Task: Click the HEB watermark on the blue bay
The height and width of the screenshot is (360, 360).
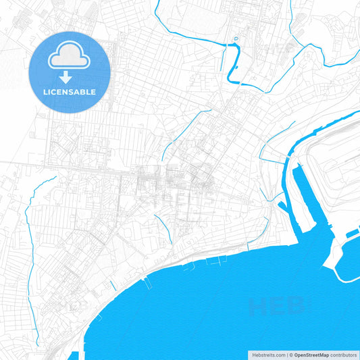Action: tap(277, 307)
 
